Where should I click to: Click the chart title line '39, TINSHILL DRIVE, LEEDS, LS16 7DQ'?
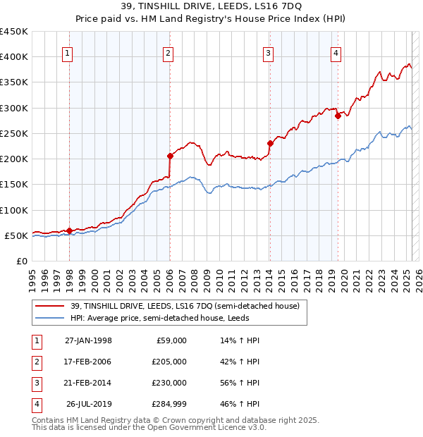pyautogui.click(x=211, y=7)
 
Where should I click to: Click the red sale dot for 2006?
pyautogui.click(x=170, y=156)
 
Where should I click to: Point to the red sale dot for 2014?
pyautogui.click(x=270, y=143)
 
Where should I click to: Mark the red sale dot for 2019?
pyautogui.click(x=338, y=116)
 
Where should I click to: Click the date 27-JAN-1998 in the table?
pyautogui.click(x=88, y=340)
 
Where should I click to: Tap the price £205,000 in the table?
pyautogui.click(x=168, y=362)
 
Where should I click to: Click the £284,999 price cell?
pyautogui.click(x=168, y=404)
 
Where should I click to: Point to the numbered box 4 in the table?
pyautogui.click(x=35, y=404)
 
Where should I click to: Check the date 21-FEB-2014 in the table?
pyautogui.click(x=88, y=383)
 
